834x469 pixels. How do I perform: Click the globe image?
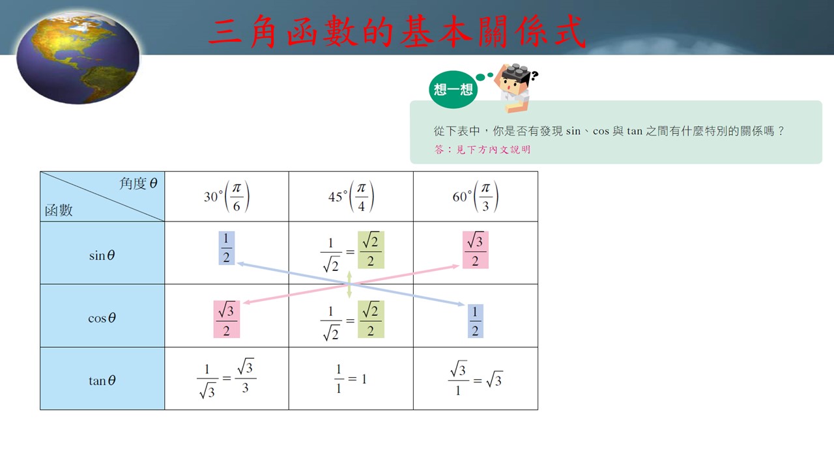(x=78, y=58)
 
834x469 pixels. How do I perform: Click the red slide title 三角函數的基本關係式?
(x=397, y=32)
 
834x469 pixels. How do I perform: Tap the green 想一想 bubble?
(x=453, y=89)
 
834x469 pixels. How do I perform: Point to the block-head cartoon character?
(x=515, y=88)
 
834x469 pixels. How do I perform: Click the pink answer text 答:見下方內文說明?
(x=483, y=150)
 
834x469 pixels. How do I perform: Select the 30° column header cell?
(x=226, y=197)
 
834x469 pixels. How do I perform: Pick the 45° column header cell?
(x=351, y=197)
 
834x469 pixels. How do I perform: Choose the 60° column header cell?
(x=476, y=197)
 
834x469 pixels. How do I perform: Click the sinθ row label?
(x=102, y=255)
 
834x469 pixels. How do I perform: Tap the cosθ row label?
(x=102, y=318)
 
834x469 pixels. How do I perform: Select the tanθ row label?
(x=102, y=380)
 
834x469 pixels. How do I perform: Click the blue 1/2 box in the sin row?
(x=226, y=248)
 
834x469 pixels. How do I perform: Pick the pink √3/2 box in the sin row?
(x=476, y=249)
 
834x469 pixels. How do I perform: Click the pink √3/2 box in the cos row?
(x=226, y=319)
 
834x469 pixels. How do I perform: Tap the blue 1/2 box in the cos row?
(x=476, y=321)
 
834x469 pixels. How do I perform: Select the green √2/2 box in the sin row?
(x=371, y=249)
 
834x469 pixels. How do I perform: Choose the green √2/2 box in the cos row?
(x=371, y=319)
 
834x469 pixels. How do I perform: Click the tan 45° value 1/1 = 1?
(x=351, y=379)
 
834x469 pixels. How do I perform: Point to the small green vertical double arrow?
(x=349, y=285)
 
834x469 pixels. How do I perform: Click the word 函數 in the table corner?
(x=59, y=210)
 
